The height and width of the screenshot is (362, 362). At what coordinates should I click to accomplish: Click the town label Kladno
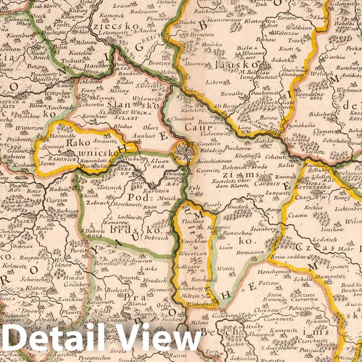pyautogui.click(x=122, y=125)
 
